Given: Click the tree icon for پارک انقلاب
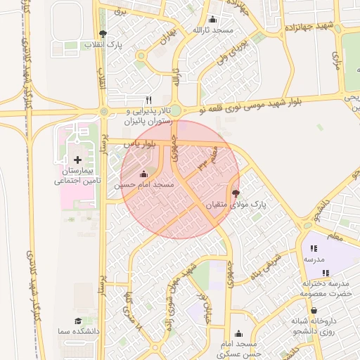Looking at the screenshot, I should [103, 33].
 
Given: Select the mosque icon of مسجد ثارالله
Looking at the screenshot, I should [213, 19].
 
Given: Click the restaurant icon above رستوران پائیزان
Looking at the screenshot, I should [148, 99].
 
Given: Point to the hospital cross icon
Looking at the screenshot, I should [77, 161].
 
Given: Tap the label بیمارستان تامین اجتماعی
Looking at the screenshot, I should [78, 176].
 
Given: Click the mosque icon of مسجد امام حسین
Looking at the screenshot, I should [144, 173].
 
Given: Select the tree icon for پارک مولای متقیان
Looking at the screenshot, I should [235, 193].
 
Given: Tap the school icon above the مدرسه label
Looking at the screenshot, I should [314, 248].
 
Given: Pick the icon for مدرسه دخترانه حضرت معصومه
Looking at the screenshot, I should [325, 273].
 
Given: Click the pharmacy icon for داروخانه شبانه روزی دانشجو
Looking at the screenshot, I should [314, 310].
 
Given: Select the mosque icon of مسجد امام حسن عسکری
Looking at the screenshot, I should [241, 334].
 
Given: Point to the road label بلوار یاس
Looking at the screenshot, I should [139, 143].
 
